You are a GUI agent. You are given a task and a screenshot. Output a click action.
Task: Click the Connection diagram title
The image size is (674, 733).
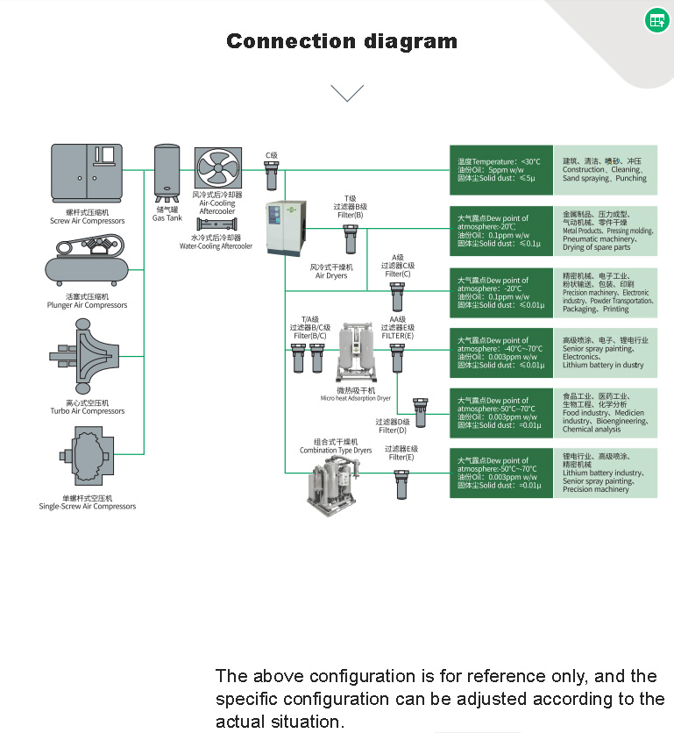click(x=342, y=41)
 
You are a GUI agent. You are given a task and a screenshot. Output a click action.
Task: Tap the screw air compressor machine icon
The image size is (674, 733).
click(x=87, y=174)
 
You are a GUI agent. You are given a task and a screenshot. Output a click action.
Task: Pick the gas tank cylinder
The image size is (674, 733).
click(x=167, y=173)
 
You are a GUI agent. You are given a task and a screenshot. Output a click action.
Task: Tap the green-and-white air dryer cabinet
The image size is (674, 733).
click(x=286, y=229)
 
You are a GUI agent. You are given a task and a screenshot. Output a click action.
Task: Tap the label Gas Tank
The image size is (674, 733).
click(x=167, y=217)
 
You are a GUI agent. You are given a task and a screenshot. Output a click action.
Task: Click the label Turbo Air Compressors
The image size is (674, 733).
click(x=87, y=411)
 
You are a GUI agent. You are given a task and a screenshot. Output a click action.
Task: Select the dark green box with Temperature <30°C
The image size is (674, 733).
click(x=500, y=170)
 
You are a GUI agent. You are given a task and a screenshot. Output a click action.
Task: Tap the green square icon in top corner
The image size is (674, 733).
click(x=656, y=20)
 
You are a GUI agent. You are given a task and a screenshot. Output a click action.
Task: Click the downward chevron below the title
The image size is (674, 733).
click(x=347, y=92)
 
